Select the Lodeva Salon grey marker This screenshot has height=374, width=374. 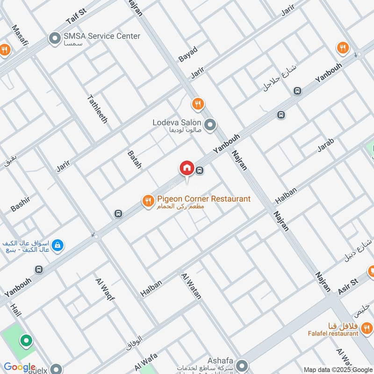(210, 125)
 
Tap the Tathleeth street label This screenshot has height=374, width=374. (97, 109)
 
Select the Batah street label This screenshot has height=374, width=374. (134, 159)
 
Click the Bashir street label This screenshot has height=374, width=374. (20, 204)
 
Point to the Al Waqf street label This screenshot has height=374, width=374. (105, 288)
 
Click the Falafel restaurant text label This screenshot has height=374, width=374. (334, 333)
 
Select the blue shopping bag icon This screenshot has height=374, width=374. (57, 245)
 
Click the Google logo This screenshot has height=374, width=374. (20, 367)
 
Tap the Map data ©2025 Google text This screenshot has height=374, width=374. (338, 369)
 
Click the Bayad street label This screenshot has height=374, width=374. (188, 54)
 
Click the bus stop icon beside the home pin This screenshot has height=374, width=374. (200, 171)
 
